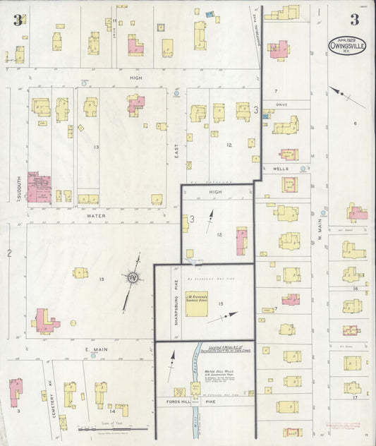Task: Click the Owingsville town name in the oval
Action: pos(346,47)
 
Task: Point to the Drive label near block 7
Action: pos(281,104)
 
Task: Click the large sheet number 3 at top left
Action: pos(16,20)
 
